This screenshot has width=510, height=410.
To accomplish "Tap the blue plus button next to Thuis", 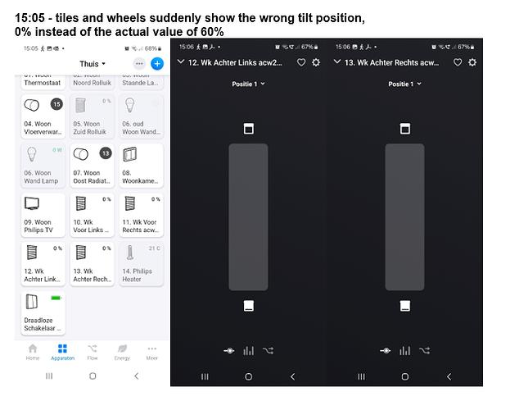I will point(157,63).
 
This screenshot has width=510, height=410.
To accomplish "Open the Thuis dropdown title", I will point(92,63).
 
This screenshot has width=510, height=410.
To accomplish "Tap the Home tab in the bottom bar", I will point(33,352).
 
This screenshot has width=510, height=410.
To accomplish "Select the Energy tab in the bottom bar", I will point(122,352).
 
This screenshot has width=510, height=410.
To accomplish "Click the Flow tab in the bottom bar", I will point(93,352).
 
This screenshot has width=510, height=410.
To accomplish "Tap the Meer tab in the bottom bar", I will point(152,352).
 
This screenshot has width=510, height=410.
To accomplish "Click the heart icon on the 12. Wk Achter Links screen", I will point(301,62).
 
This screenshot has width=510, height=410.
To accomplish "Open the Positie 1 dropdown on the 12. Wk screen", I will point(248,84).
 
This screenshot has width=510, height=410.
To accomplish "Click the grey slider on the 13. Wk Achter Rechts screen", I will point(404,216).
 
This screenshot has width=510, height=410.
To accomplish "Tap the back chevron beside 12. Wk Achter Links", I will point(180,62).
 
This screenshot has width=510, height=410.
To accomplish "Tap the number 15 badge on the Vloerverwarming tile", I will point(56,104).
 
